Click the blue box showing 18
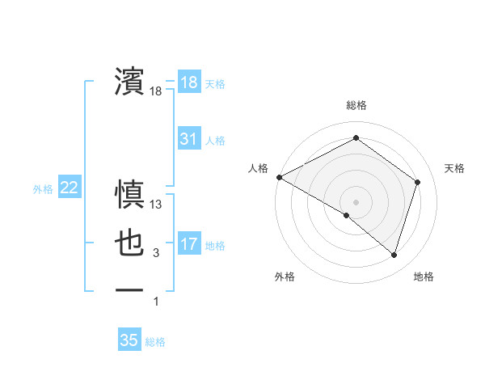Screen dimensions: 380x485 [x=188, y=82]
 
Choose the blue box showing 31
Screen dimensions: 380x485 [x=188, y=139]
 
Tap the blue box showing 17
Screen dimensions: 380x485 [x=188, y=243]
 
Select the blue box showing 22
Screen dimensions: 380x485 [x=69, y=188]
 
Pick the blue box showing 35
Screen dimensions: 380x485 [x=129, y=340]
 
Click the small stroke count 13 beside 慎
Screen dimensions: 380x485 [x=156, y=205]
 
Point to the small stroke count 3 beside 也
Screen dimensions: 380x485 [x=156, y=254]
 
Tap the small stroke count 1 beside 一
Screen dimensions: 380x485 [x=156, y=302]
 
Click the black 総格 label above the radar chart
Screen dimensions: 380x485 [x=356, y=105]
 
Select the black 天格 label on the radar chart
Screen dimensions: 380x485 [x=455, y=168]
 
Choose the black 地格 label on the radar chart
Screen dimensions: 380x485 [x=424, y=277]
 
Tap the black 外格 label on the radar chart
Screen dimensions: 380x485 [x=285, y=277]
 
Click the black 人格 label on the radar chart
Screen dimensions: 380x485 [x=258, y=168]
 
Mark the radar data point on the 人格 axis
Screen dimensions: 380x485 [x=279, y=176]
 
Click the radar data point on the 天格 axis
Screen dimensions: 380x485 [x=418, y=182]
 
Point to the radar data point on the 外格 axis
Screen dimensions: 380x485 [x=347, y=215]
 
